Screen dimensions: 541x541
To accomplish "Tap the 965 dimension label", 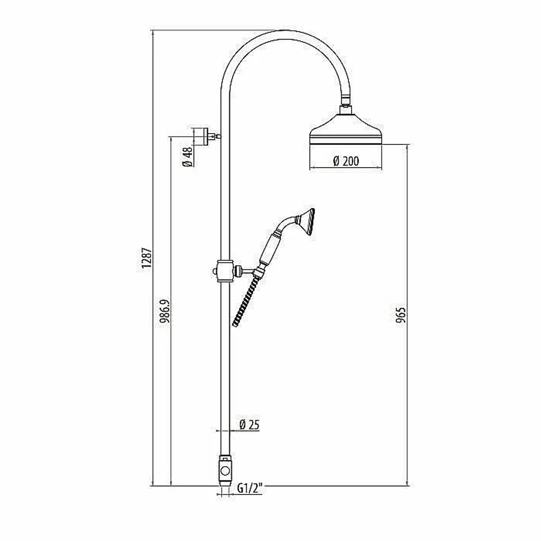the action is [x=401, y=315].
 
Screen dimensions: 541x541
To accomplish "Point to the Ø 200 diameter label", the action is [x=346, y=161].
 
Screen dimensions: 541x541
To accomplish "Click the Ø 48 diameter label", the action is [x=187, y=157].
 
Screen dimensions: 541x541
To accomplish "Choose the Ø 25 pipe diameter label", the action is [x=249, y=424].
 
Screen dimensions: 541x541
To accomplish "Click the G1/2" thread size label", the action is [x=250, y=489].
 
